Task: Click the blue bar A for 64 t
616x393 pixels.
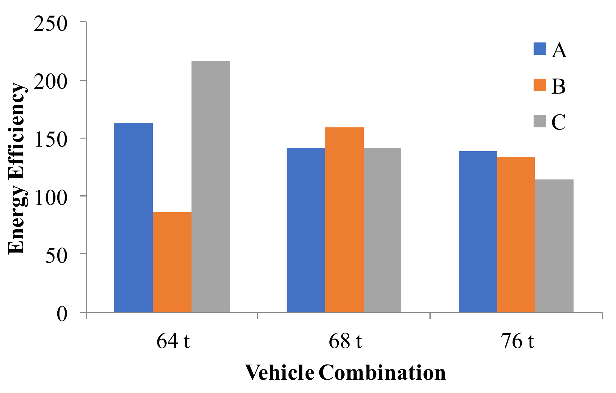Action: [x=134, y=217]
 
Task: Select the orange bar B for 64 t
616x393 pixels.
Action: [x=172, y=262]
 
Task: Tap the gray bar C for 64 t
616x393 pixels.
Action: [x=211, y=186]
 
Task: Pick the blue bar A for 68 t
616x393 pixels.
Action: [x=306, y=230]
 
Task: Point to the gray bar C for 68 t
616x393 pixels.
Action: [x=382, y=230]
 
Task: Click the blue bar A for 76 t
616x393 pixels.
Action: [x=478, y=231]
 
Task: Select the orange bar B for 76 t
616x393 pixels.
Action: [x=516, y=234]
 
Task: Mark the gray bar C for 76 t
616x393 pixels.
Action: [x=554, y=245]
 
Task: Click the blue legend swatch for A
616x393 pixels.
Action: [x=540, y=49]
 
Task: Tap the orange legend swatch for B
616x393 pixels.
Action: [x=540, y=85]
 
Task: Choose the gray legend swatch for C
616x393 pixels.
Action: [x=540, y=121]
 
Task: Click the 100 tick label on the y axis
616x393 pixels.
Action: [x=51, y=197]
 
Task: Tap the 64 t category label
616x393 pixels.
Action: [x=173, y=341]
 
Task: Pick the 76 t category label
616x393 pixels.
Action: [x=517, y=341]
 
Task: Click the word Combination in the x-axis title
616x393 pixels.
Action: [x=382, y=373]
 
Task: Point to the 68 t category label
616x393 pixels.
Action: [x=345, y=341]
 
